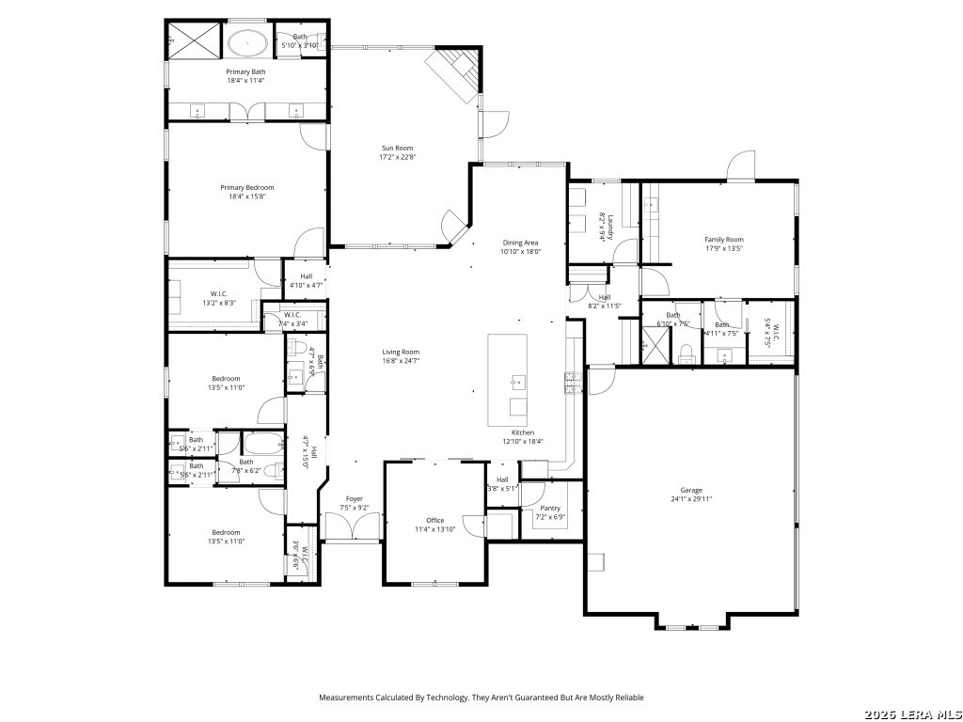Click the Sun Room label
pyautogui.click(x=397, y=148)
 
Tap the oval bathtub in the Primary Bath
pyautogui.click(x=248, y=42)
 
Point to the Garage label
pyautogui.click(x=691, y=490)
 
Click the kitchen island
pyautogui.click(x=507, y=380)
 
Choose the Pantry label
pyautogui.click(x=550, y=508)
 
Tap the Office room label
pyautogui.click(x=434, y=520)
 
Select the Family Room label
pyautogui.click(x=724, y=240)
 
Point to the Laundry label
pyautogui.click(x=609, y=222)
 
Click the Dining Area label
pyautogui.click(x=520, y=243)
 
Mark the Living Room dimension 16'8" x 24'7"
pyautogui.click(x=401, y=361)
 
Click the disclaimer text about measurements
pyautogui.click(x=481, y=698)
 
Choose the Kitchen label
pyautogui.click(x=523, y=432)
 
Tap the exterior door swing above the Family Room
pyautogui.click(x=741, y=165)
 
